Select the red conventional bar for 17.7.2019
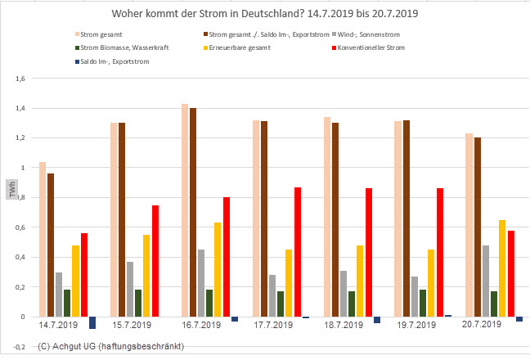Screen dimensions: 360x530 tap(297, 252)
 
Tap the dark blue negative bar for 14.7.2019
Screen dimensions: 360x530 tap(92, 322)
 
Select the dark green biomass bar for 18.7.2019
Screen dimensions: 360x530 tap(352, 304)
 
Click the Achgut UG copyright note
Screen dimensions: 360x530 tap(110, 346)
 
